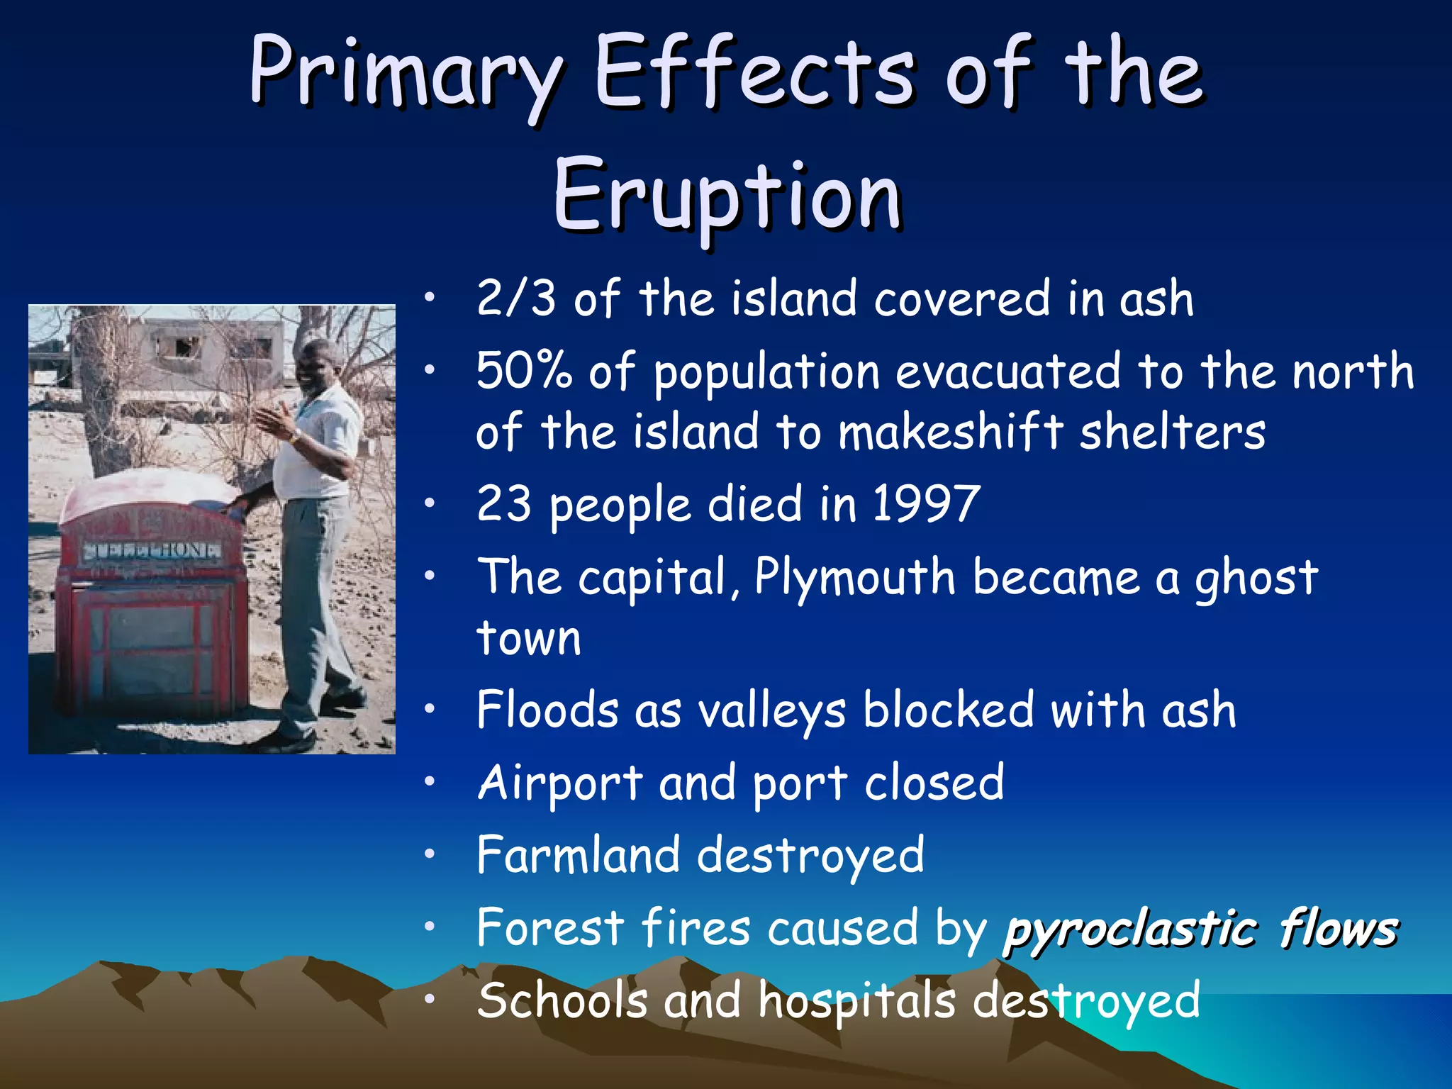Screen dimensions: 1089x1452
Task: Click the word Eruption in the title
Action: click(727, 195)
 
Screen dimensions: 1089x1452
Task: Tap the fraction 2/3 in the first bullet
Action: click(515, 298)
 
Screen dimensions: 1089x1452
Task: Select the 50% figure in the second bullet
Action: click(523, 371)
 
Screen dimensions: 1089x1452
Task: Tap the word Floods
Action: click(547, 710)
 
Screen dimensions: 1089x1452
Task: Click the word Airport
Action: click(559, 784)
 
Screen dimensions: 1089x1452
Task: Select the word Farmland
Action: click(578, 854)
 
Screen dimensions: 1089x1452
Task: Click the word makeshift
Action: click(950, 432)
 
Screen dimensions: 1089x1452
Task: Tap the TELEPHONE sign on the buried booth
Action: click(152, 551)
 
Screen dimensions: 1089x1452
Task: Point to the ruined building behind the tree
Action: click(213, 347)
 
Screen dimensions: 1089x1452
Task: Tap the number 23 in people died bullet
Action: click(503, 504)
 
